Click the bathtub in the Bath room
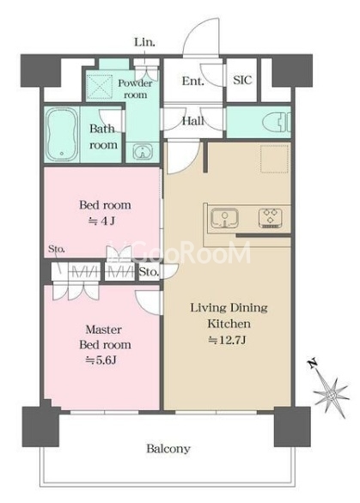click(x=62, y=134)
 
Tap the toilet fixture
click(x=277, y=123)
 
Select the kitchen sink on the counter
click(x=224, y=218)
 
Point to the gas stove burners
click(x=271, y=219)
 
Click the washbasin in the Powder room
click(x=143, y=152)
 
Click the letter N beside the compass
click(x=312, y=363)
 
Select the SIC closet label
click(x=242, y=80)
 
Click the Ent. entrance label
click(x=192, y=81)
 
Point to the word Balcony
click(x=168, y=449)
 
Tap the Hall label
click(x=193, y=121)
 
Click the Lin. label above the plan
click(x=144, y=42)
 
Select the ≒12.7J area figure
click(x=228, y=340)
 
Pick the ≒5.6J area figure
click(x=101, y=361)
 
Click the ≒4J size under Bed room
click(x=101, y=221)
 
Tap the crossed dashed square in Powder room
click(x=100, y=87)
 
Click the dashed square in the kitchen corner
click(x=274, y=159)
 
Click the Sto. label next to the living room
click(x=149, y=272)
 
